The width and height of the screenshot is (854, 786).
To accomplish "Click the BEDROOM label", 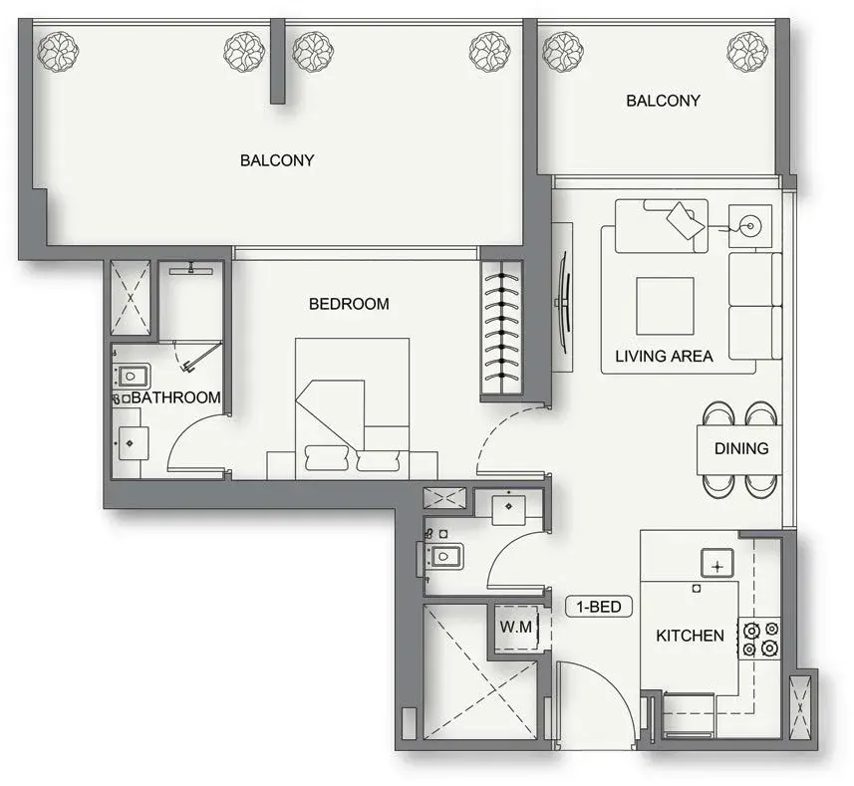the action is (349, 304).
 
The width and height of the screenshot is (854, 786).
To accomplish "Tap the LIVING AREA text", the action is (664, 356).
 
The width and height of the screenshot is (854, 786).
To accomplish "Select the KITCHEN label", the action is (690, 636).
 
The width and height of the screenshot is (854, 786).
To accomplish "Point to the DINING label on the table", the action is (741, 448).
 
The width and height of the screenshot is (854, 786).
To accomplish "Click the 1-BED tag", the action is (599, 607).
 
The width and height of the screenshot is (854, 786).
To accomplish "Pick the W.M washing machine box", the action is (516, 627).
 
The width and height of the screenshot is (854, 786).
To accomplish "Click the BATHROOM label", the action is (176, 397).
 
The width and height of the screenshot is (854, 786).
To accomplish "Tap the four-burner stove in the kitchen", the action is (760, 639).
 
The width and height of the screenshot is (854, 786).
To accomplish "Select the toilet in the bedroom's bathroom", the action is (131, 377).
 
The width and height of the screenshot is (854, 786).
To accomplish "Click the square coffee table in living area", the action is (665, 306).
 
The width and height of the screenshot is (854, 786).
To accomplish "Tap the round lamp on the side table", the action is (750, 225).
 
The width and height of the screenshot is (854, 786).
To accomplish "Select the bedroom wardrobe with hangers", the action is (501, 331).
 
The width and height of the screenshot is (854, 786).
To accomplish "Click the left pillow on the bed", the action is (327, 458).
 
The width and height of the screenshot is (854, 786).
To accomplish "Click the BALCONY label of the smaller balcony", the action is (663, 101).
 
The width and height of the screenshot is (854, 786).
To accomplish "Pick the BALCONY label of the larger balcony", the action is (277, 160).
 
